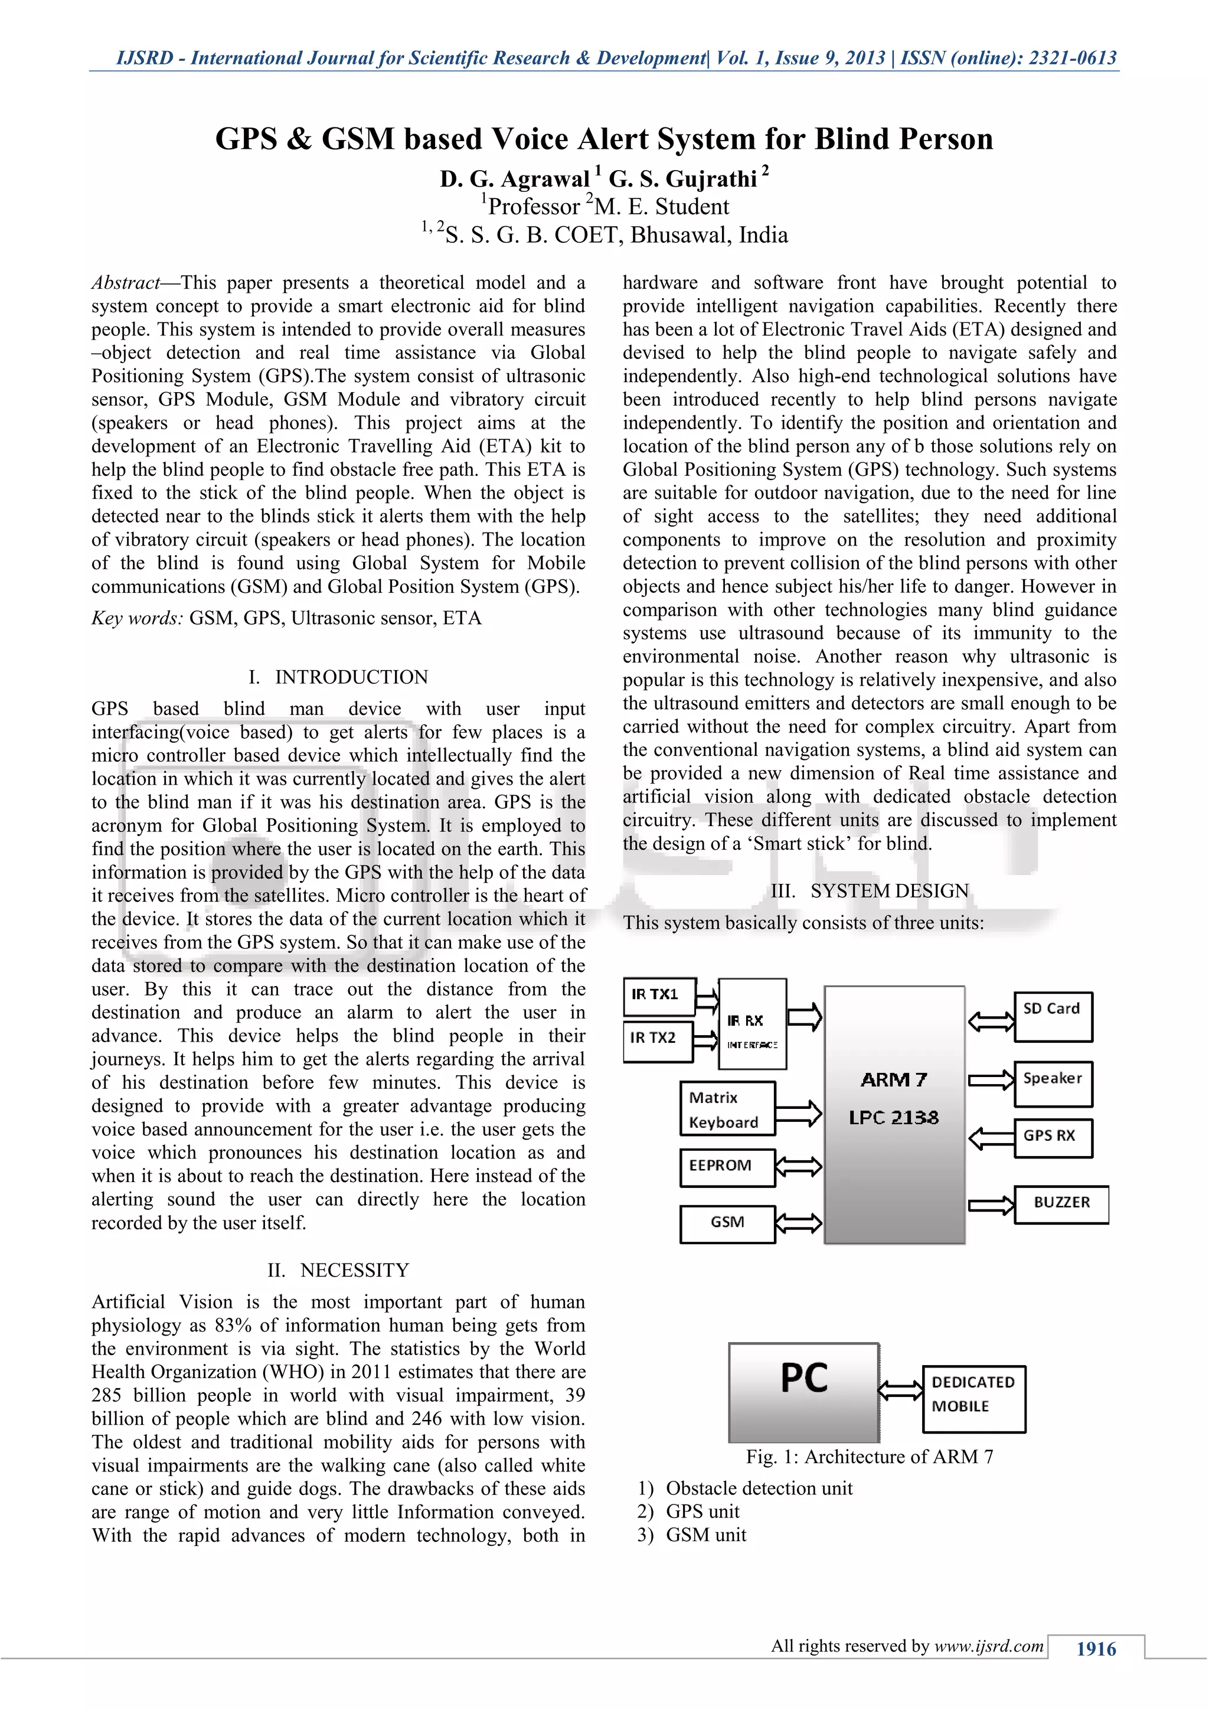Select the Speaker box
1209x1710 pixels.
(1053, 1084)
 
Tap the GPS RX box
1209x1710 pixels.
(1053, 1137)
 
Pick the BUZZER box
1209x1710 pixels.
(1061, 1205)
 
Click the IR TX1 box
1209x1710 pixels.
(659, 996)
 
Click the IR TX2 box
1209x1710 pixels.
(658, 1040)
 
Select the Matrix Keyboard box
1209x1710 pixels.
(727, 1108)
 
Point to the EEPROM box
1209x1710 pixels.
(727, 1167)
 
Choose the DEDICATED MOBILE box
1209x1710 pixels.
(973, 1399)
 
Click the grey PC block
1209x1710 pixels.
(803, 1392)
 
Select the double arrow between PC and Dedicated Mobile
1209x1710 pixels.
(901, 1390)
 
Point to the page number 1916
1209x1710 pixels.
(1096, 1648)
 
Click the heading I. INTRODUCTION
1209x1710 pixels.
(339, 677)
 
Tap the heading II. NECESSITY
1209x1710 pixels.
(339, 1270)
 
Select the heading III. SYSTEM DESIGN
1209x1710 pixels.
(870, 891)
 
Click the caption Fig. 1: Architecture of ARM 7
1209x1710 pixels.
(870, 1457)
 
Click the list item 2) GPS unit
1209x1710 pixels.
(689, 1511)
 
